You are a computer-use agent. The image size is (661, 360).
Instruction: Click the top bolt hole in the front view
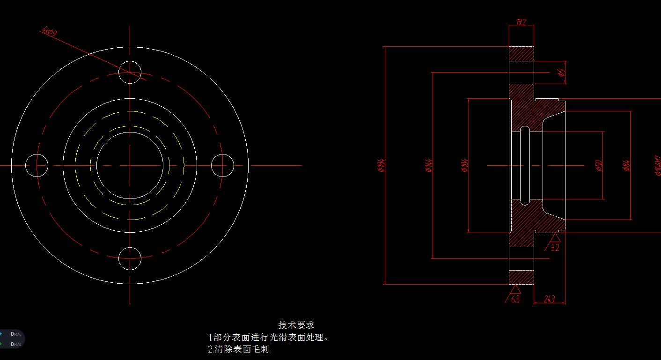[x=130, y=72]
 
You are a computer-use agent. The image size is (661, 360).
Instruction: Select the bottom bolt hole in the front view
[x=130, y=259]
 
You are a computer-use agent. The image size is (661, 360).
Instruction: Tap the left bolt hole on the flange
[x=37, y=165]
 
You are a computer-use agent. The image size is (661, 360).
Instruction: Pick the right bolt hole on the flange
[x=222, y=165]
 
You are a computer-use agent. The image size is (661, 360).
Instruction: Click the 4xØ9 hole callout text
[x=49, y=32]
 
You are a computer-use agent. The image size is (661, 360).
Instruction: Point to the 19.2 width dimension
[x=521, y=22]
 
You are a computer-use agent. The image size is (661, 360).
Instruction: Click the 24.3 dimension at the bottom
[x=550, y=299]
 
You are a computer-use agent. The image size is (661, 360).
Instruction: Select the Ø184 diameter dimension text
[x=381, y=165]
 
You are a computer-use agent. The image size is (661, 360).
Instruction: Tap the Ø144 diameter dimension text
[x=429, y=165]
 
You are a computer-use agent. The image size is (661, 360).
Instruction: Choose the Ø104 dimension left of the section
[x=465, y=165]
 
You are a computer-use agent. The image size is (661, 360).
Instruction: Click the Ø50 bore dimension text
[x=599, y=165]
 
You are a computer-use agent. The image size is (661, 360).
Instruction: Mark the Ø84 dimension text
[x=627, y=165]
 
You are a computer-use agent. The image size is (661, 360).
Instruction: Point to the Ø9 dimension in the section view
[x=562, y=73]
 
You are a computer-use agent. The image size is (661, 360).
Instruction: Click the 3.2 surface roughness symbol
[x=555, y=242]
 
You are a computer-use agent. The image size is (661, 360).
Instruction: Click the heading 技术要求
[x=296, y=325]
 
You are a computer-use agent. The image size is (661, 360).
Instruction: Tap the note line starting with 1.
[x=268, y=337]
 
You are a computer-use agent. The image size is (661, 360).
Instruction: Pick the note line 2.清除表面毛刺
[x=239, y=349]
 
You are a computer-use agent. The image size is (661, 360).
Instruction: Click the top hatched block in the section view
[x=521, y=53]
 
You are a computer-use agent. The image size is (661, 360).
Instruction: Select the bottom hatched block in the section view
[x=521, y=277]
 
